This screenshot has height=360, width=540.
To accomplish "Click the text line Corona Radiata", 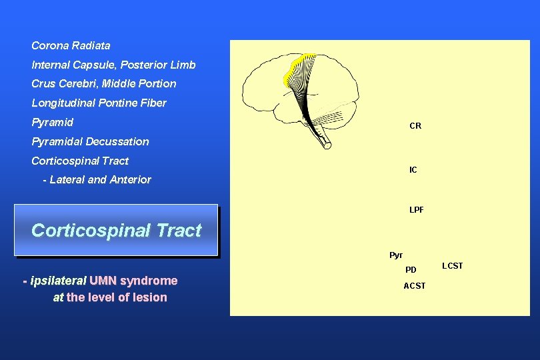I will pyautogui.click(x=71, y=46).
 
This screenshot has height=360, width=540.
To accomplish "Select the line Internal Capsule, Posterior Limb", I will pyautogui.click(x=113, y=65).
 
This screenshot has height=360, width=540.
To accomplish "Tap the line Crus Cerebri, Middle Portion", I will pyautogui.click(x=103, y=84).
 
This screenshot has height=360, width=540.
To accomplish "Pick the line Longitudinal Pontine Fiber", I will pyautogui.click(x=99, y=103).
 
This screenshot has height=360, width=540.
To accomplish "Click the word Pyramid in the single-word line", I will pyautogui.click(x=52, y=123).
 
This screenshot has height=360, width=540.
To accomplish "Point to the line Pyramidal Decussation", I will pyautogui.click(x=90, y=142).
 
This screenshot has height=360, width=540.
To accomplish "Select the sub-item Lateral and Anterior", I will pyautogui.click(x=100, y=180).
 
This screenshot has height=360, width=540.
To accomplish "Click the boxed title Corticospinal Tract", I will pyautogui.click(x=116, y=231).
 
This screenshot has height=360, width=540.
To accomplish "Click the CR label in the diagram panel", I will pyautogui.click(x=415, y=126).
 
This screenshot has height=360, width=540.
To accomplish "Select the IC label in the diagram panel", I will pyautogui.click(x=413, y=170).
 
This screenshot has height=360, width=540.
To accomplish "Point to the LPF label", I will pyautogui.click(x=416, y=210).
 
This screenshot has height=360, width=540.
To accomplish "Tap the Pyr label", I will pyautogui.click(x=396, y=255).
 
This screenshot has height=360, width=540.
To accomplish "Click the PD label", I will pyautogui.click(x=411, y=271).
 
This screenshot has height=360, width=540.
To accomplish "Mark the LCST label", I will pyautogui.click(x=452, y=266).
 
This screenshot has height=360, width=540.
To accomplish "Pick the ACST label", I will pyautogui.click(x=414, y=286).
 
